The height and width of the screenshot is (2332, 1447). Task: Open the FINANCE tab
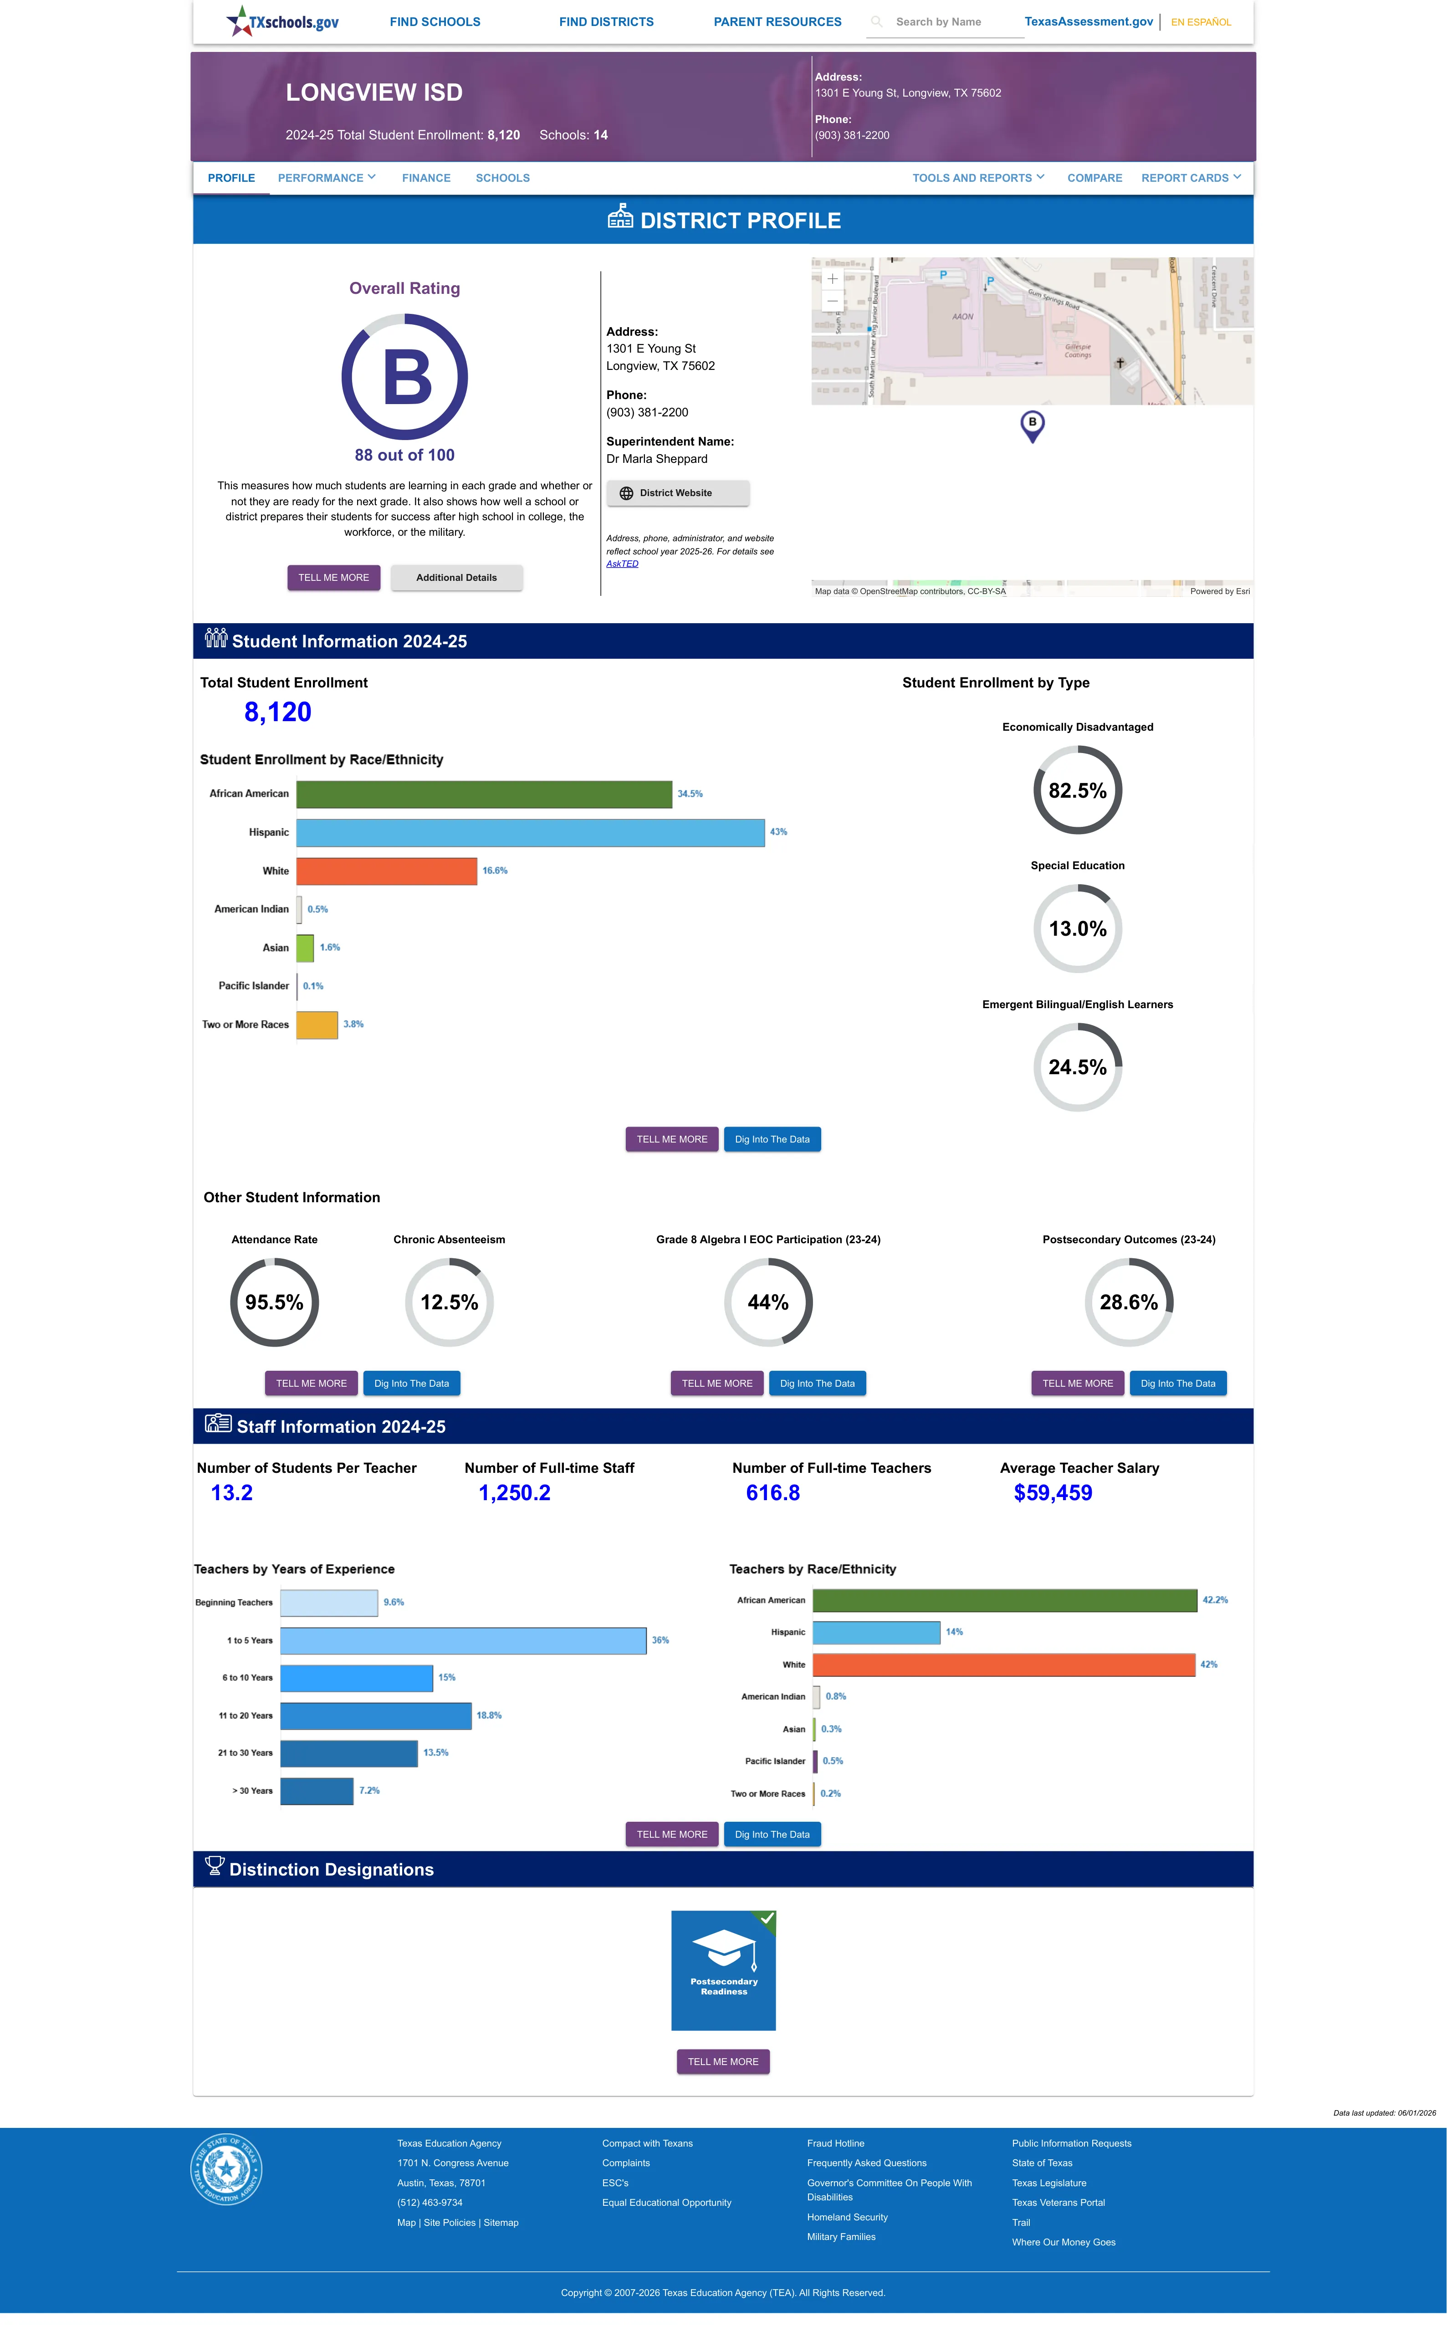coord(426,178)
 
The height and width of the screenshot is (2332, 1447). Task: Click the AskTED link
coord(622,564)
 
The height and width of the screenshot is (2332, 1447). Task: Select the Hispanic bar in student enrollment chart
coord(530,832)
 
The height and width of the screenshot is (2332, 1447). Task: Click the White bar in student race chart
coord(387,871)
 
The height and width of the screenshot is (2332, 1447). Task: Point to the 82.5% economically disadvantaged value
coord(1078,790)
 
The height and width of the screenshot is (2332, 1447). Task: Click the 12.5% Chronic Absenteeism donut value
coord(449,1302)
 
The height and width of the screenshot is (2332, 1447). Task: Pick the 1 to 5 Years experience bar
coord(463,1640)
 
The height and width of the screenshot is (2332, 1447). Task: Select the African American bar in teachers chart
coord(1005,1600)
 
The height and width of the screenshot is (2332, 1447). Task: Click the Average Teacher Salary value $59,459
coord(1053,1493)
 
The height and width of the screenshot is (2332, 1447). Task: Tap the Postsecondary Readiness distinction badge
coord(723,1970)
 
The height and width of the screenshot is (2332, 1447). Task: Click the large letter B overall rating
coord(407,377)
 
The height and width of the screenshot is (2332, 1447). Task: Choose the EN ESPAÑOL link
coord(1201,22)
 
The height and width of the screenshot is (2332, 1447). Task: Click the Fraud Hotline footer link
coord(835,2143)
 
